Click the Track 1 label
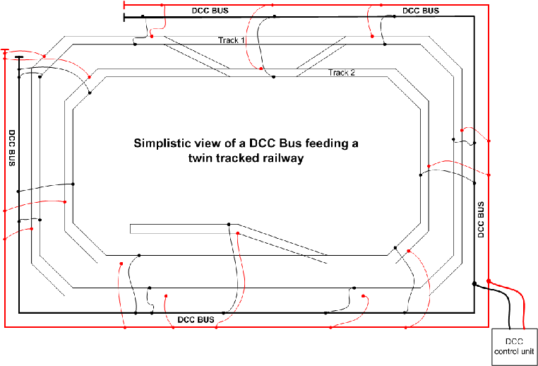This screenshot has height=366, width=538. pyautogui.click(x=231, y=40)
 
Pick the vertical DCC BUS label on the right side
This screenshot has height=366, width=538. pyautogui.click(x=481, y=220)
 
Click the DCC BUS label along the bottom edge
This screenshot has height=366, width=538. pyautogui.click(x=196, y=320)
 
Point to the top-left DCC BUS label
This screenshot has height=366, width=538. pyautogui.click(x=210, y=11)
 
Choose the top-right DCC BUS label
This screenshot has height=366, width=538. pyautogui.click(x=420, y=11)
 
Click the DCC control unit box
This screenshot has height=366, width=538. pyautogui.click(x=513, y=346)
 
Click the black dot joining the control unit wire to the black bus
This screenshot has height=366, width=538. pyautogui.click(x=474, y=284)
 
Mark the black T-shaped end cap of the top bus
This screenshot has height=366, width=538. pyautogui.click(x=124, y=16)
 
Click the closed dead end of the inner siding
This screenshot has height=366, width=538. pyautogui.click(x=131, y=228)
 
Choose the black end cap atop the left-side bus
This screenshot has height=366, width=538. pyautogui.click(x=18, y=58)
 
